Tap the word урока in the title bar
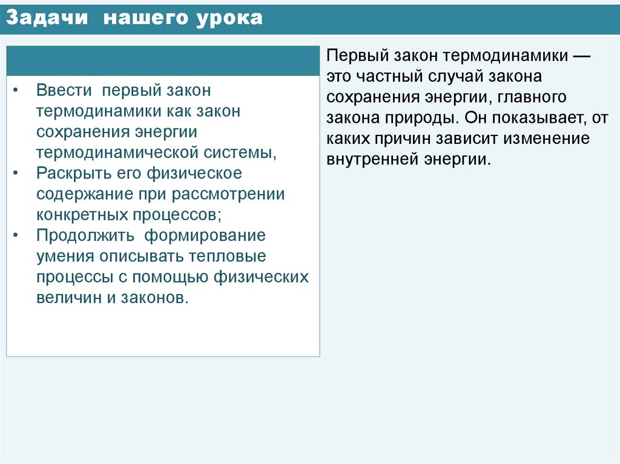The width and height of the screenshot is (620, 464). point(229,18)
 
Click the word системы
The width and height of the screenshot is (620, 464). point(242,152)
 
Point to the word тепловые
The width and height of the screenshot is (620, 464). point(228,256)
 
